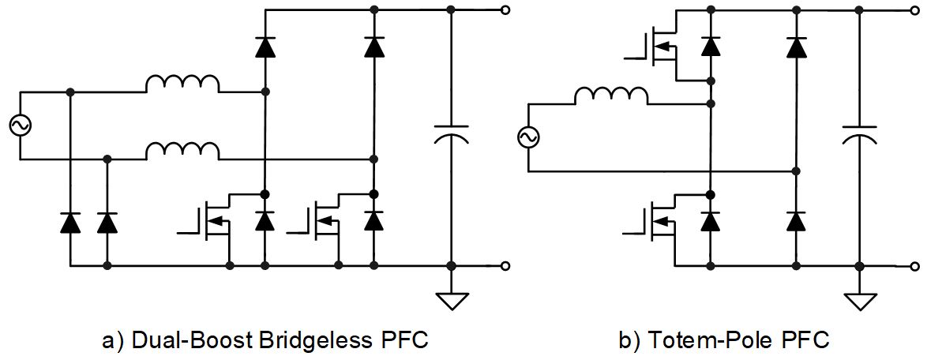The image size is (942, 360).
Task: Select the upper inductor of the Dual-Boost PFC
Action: click(x=182, y=84)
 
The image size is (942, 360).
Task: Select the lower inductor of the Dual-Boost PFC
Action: click(x=182, y=150)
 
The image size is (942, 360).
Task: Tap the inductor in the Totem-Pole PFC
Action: click(x=611, y=96)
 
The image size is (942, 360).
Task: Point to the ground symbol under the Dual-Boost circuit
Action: click(x=450, y=301)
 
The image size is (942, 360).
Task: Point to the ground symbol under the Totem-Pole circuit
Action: click(x=859, y=301)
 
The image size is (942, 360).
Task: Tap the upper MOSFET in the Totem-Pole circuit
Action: click(x=660, y=47)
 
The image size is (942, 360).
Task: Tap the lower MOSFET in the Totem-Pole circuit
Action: click(x=660, y=222)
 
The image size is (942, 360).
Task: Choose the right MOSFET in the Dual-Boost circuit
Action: click(x=322, y=222)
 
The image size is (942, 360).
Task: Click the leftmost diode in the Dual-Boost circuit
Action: click(x=70, y=223)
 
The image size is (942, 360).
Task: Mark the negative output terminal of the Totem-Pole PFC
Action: click(x=914, y=265)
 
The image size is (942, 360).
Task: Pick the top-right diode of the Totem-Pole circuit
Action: click(x=796, y=47)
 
